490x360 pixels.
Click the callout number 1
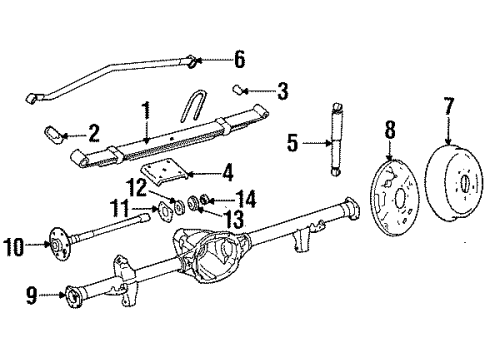(146, 107)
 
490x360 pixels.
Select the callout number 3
(283, 93)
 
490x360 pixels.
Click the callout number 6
(238, 59)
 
